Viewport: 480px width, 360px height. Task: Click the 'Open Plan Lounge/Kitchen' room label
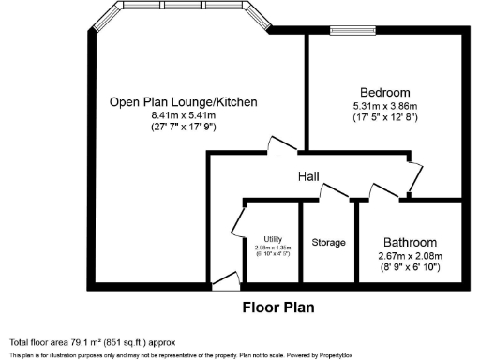point(170,102)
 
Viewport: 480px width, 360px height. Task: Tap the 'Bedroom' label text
point(387,92)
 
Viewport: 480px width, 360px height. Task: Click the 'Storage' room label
point(328,242)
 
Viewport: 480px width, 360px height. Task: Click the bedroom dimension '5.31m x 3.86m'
point(387,105)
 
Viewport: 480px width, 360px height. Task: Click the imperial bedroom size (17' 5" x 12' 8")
point(387,118)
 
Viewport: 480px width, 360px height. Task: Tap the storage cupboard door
point(335,192)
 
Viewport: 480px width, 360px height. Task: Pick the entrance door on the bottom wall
point(224,277)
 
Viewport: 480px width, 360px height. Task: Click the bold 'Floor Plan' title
point(278,307)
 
